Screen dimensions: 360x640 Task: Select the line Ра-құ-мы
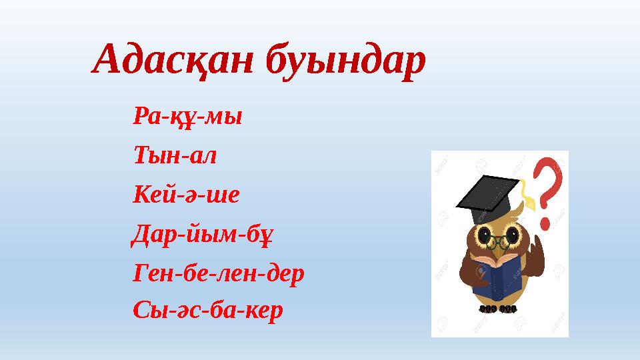[188, 118]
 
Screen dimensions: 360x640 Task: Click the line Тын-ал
[175, 157]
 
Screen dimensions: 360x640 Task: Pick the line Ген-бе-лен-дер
[219, 272]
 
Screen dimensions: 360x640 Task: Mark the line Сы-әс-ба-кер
[208, 309]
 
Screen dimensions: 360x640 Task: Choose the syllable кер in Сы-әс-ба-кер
[267, 309]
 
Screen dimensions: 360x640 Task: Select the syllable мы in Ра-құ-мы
[227, 118]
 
